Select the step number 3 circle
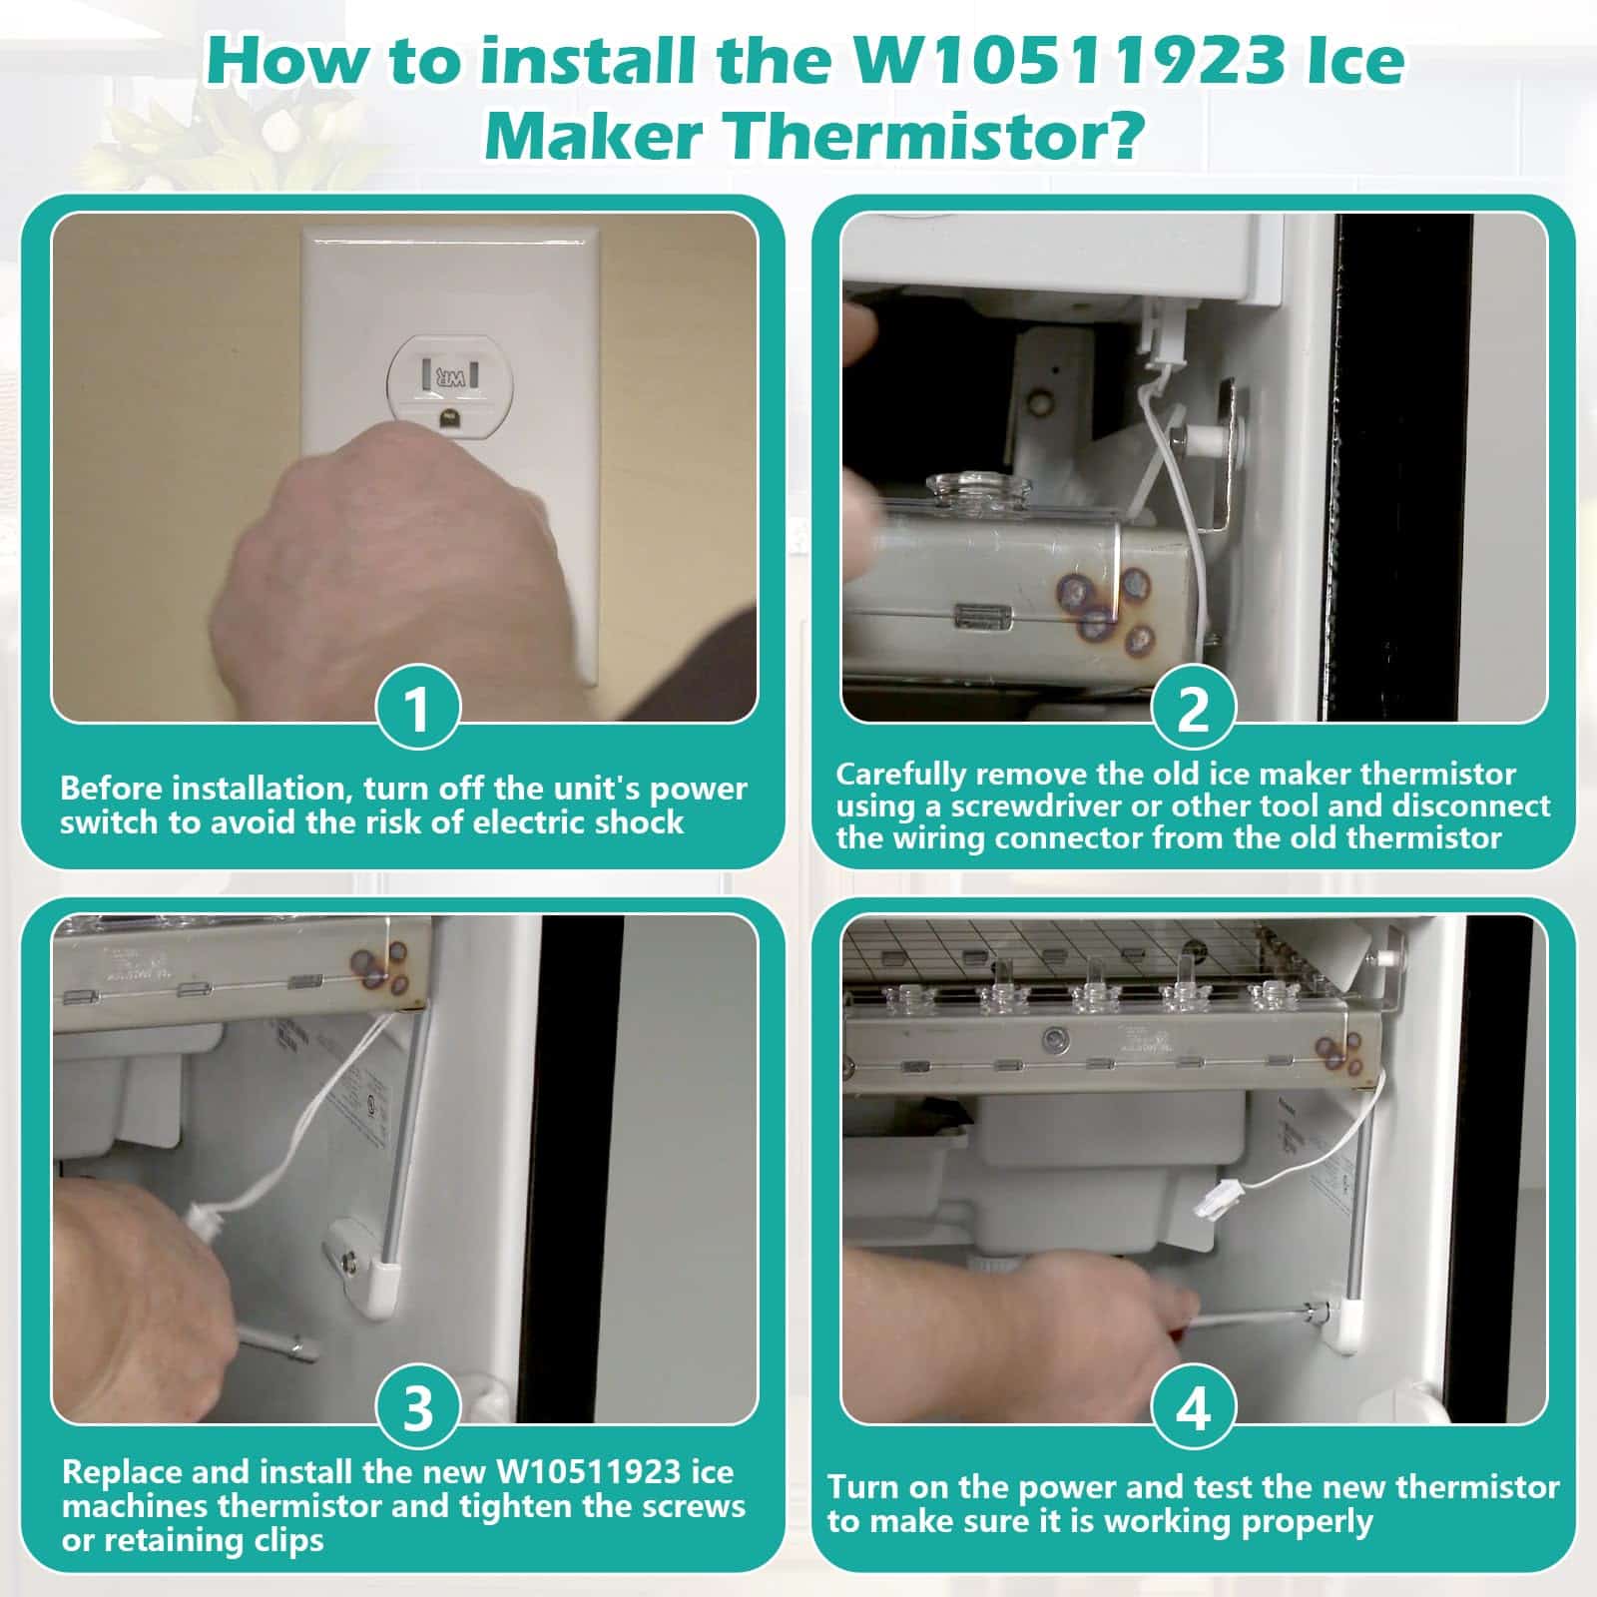418,1408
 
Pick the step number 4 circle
1194,1408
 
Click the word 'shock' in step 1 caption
639,822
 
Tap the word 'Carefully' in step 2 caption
902,776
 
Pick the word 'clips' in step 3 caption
290,1540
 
